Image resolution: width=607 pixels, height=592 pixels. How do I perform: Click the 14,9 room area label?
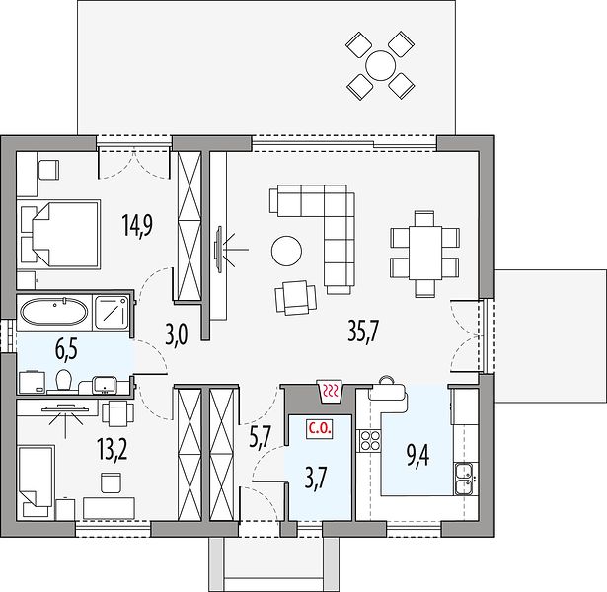point(138,225)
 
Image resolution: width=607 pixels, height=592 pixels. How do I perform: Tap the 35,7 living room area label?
point(364,332)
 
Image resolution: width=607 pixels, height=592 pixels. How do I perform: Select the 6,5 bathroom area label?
point(66,349)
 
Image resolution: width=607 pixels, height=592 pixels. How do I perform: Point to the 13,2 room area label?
point(113,451)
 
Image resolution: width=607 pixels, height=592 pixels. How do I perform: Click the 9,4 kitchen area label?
point(417,456)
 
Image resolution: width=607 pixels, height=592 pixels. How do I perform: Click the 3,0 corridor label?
point(178,335)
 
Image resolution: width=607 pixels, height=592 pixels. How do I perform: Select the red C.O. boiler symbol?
point(320,429)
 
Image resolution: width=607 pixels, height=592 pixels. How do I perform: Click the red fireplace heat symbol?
point(330,391)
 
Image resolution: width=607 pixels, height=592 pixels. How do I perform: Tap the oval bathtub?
point(54,312)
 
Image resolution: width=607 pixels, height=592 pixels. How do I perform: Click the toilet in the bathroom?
point(63,380)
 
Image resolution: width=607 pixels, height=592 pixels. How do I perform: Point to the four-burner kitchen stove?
point(369,441)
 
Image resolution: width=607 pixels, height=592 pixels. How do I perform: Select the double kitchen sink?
point(464,479)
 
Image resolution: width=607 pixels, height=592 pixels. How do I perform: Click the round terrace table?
point(381,66)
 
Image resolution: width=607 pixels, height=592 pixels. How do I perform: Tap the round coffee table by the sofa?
point(286,251)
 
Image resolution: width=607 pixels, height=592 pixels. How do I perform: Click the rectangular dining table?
point(425,253)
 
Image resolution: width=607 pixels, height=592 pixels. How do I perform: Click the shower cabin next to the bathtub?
point(112,312)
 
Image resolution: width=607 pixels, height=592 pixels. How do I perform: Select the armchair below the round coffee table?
point(296,297)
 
